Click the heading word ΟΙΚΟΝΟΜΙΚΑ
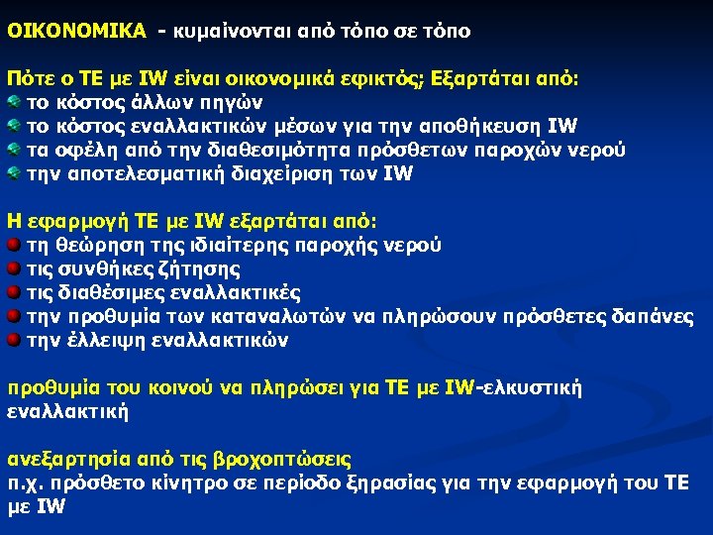(76, 31)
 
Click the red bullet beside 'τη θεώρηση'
(13, 245)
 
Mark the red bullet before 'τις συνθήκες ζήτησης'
(13, 268)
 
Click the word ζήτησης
(205, 268)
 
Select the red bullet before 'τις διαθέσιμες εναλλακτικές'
(13, 292)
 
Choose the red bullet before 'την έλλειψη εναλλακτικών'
(13, 340)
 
